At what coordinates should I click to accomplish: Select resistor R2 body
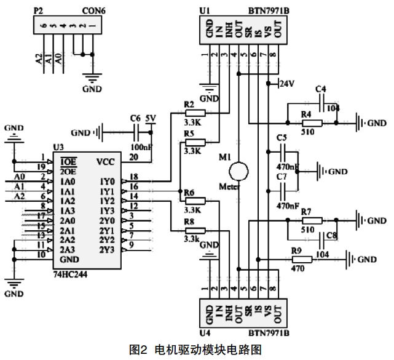[195, 113]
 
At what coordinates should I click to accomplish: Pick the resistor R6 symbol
[195, 201]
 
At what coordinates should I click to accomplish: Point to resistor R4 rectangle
[312, 122]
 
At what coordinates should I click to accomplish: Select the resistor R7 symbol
[312, 220]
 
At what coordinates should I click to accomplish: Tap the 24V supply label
[288, 83]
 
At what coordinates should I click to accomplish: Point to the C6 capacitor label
[136, 118]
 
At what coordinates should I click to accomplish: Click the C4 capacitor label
[320, 89]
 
